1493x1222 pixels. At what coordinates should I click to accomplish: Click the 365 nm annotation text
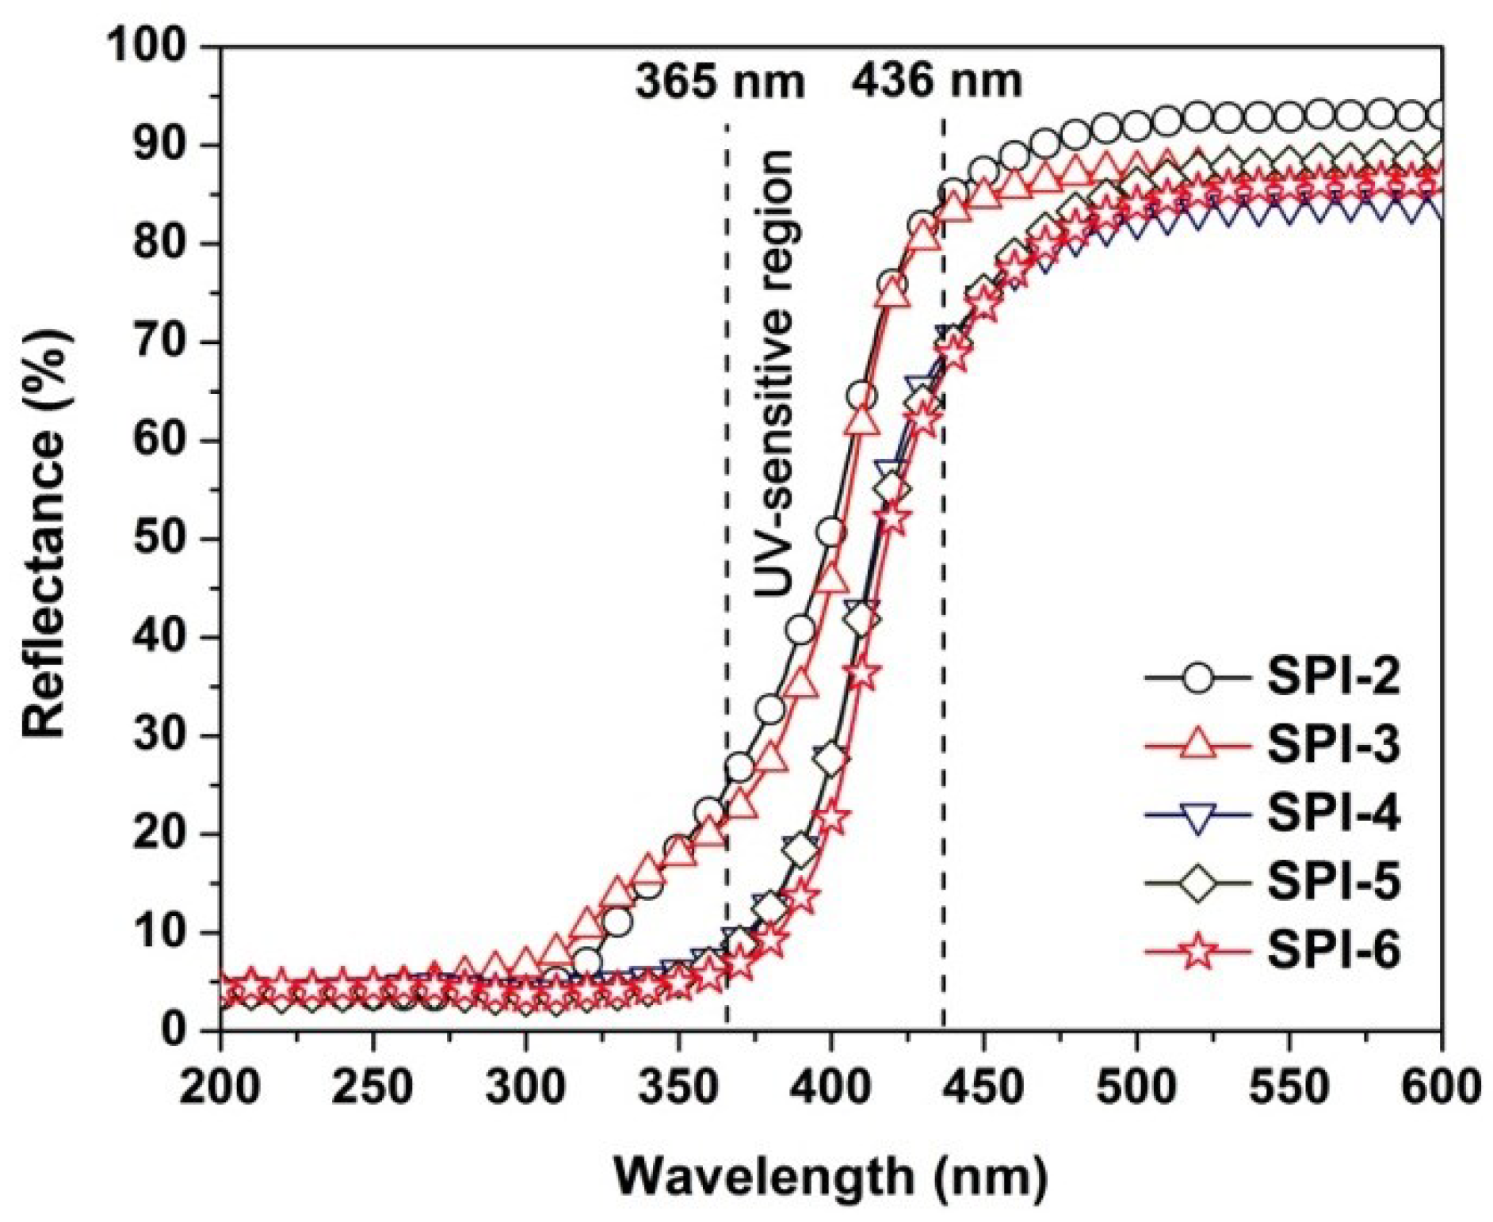click(x=720, y=82)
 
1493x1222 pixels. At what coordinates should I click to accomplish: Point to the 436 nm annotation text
click(x=937, y=81)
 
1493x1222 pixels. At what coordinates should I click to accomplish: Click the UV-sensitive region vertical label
click(x=773, y=372)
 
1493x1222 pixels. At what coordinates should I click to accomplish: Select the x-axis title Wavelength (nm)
click(x=831, y=1178)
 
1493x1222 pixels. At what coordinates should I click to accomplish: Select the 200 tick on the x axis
click(x=220, y=1087)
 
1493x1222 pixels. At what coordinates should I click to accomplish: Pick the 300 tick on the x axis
click(x=525, y=1087)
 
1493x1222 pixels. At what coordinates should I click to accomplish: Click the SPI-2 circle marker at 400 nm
click(x=831, y=533)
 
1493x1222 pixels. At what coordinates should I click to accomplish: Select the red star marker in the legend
click(x=1199, y=951)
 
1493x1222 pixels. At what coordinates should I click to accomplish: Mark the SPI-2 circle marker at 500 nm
click(x=1136, y=126)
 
